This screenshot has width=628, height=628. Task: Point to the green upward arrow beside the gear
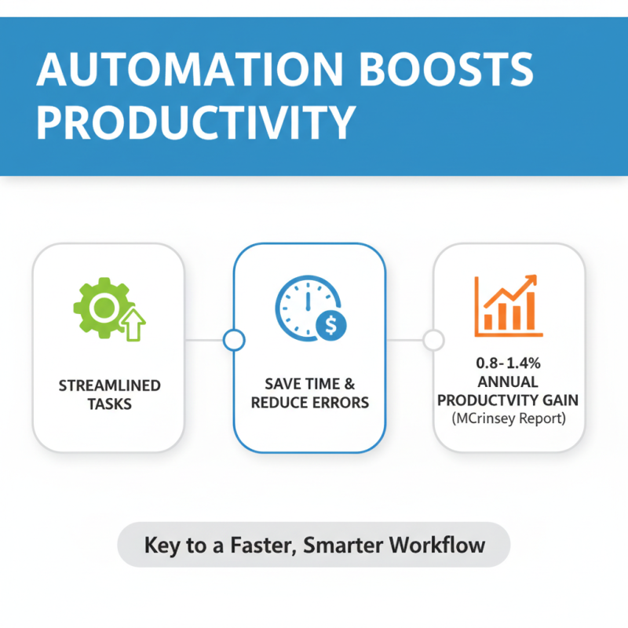133,324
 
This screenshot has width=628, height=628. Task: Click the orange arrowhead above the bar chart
531,281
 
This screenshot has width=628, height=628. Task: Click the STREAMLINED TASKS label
110,394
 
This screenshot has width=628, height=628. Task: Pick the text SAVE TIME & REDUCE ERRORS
309,393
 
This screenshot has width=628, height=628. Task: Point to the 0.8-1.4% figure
507,364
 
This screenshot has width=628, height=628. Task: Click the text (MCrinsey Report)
508,418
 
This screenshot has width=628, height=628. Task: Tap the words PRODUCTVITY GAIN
508,400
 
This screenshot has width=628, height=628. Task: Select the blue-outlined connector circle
233,340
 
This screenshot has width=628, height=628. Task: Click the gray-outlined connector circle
433,340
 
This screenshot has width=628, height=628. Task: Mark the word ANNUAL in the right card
508,382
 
